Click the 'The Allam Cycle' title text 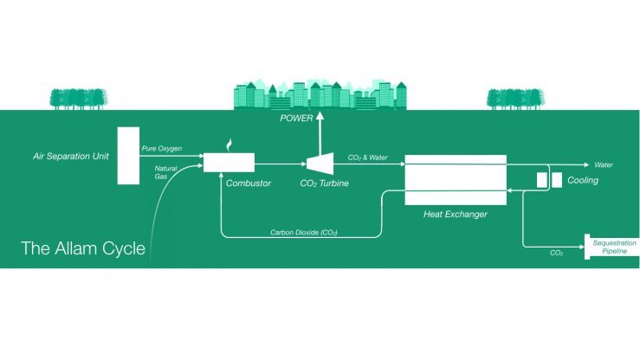83,250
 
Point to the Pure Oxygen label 162,149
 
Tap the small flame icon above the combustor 229,145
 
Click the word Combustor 249,183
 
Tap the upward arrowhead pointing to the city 320,117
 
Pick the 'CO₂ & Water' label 368,157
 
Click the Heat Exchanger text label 455,213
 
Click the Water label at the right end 604,164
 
